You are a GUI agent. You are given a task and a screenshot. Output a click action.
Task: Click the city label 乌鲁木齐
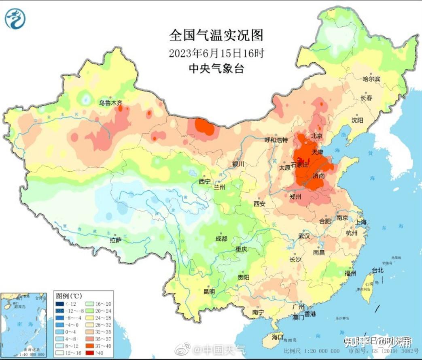110,103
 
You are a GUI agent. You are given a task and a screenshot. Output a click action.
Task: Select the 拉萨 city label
115,240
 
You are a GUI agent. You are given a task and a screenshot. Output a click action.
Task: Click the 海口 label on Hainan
277,337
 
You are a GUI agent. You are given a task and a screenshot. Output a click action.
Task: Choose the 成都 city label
221,239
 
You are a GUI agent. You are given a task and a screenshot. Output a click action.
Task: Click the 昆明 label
209,292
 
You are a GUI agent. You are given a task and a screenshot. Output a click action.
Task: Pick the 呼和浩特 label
276,140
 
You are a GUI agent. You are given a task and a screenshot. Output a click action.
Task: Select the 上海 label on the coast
361,222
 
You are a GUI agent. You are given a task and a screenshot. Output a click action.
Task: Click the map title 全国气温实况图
216,35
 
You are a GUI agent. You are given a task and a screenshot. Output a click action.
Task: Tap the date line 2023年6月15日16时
216,53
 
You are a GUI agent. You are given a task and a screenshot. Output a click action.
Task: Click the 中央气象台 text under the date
216,68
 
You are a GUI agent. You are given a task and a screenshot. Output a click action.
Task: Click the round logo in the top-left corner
15,19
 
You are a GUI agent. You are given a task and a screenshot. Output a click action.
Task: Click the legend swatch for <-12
59,304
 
